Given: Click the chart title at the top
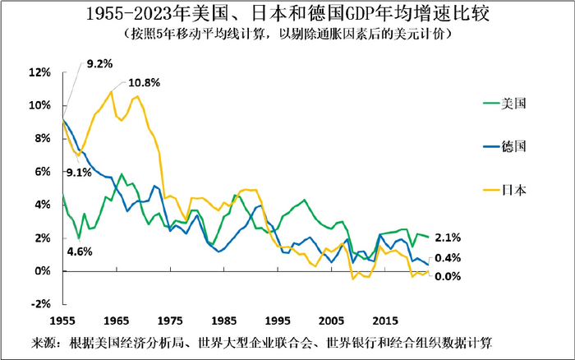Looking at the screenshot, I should tap(287, 15).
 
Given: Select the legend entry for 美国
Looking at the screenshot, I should tap(513, 104).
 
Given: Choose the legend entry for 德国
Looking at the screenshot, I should tap(513, 146).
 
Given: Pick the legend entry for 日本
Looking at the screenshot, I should tap(513, 189).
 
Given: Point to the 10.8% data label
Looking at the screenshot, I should tap(143, 83).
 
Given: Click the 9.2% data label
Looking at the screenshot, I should tap(99, 63).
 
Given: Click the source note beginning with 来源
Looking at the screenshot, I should tap(262, 341).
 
